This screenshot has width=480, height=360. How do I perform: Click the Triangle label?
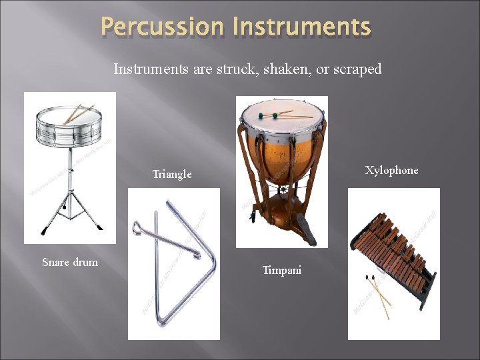[172, 175]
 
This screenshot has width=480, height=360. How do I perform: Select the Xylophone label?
[392, 170]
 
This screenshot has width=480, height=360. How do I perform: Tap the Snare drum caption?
[69, 262]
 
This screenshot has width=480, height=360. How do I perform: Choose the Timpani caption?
[281, 270]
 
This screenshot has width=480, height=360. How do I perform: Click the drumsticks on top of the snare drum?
[77, 113]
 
